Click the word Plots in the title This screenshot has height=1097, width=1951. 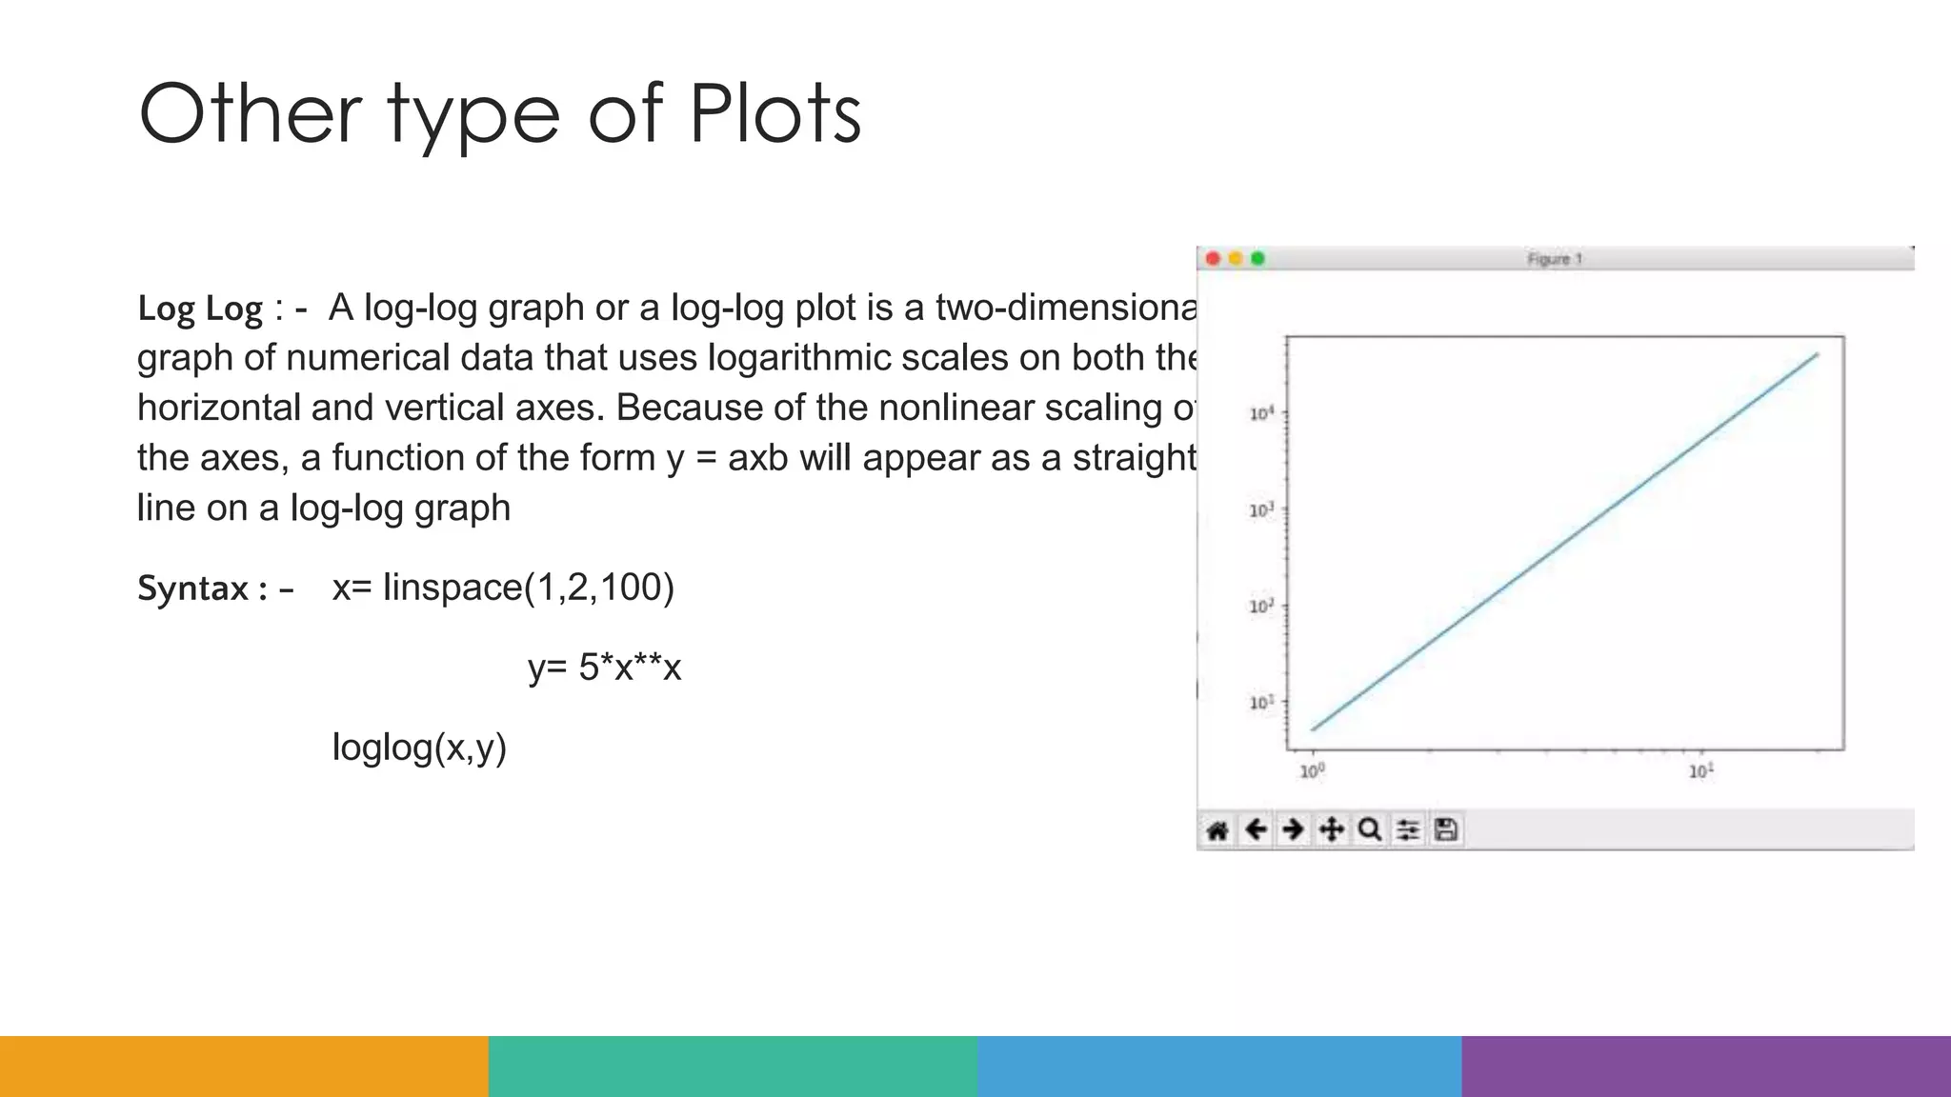[774, 114]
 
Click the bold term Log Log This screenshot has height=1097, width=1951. [200, 309]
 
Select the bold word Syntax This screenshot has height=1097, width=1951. [193, 588]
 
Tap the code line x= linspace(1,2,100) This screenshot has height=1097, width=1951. [503, 588]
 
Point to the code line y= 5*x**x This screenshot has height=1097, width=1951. [605, 667]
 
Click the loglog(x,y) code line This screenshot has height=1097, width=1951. [419, 747]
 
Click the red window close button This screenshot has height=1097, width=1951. [1213, 259]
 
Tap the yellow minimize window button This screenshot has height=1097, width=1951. [1236, 259]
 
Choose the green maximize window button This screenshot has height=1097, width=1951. [1258, 259]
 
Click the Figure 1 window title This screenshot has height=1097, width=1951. [1555, 259]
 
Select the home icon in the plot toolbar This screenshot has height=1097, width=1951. [1217, 830]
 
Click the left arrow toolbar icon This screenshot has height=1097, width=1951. [1257, 830]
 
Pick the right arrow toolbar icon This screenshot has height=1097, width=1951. [1293, 830]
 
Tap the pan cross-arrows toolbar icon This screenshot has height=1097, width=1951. [1331, 830]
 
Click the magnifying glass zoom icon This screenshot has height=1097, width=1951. [1370, 830]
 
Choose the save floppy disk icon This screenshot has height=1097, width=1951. [1446, 830]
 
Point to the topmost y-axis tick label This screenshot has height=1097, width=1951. [1261, 413]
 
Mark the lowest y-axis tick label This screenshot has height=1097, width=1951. [1261, 703]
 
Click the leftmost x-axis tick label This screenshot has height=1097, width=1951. [1312, 771]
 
